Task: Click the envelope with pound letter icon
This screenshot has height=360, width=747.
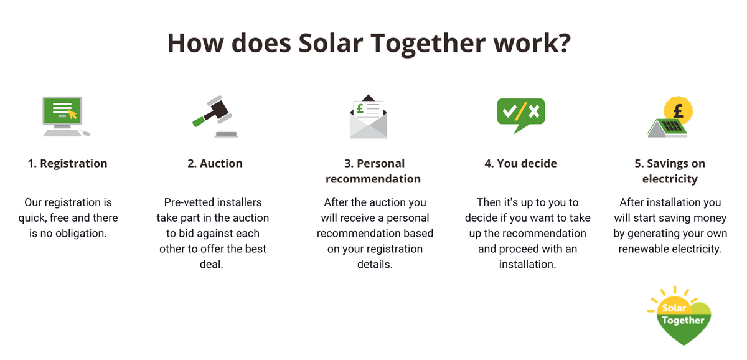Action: (x=368, y=116)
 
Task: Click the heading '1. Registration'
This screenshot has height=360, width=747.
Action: (x=67, y=164)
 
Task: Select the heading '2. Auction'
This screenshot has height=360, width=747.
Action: (x=215, y=164)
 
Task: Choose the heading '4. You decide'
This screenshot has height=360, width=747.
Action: (x=520, y=164)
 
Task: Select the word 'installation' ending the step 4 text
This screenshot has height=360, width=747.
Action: (x=527, y=265)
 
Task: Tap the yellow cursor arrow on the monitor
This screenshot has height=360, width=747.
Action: (x=73, y=114)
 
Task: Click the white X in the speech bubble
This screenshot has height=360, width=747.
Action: (x=533, y=111)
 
